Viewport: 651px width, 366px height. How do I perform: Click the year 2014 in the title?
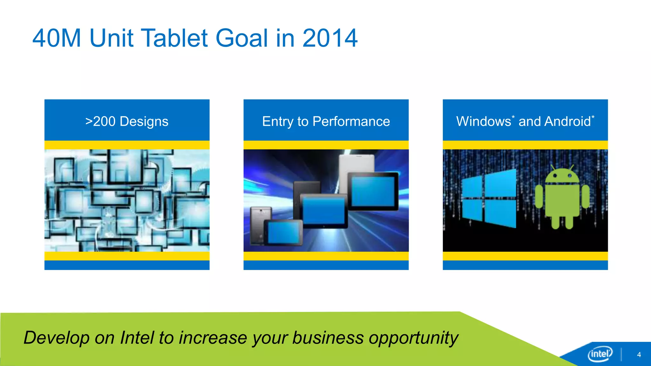[x=330, y=38]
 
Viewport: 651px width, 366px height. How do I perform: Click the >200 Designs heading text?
[x=127, y=121]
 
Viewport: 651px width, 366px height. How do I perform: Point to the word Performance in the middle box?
[x=351, y=121]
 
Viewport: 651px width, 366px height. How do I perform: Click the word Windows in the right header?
[x=483, y=121]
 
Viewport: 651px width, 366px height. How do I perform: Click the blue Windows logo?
[x=489, y=199]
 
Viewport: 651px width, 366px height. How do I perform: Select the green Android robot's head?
[x=562, y=176]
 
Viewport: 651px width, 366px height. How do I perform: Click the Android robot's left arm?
[x=539, y=197]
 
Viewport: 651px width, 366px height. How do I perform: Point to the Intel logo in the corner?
[x=600, y=354]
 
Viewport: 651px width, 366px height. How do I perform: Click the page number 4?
[x=639, y=355]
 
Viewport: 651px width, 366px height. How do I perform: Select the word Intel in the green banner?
[x=137, y=337]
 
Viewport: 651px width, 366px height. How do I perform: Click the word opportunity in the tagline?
[x=413, y=338]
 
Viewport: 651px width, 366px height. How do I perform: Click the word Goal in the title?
[x=242, y=38]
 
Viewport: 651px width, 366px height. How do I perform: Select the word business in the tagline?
[x=328, y=337]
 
